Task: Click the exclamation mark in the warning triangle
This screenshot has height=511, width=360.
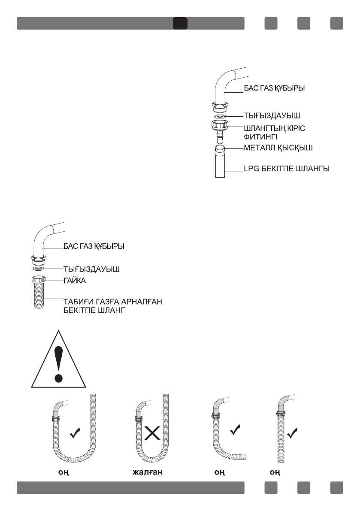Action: coord(59,363)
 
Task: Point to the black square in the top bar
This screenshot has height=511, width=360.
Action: coord(180,23)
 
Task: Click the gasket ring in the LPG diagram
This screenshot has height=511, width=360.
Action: coord(220,116)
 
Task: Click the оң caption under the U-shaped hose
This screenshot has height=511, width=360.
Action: coord(64,472)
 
